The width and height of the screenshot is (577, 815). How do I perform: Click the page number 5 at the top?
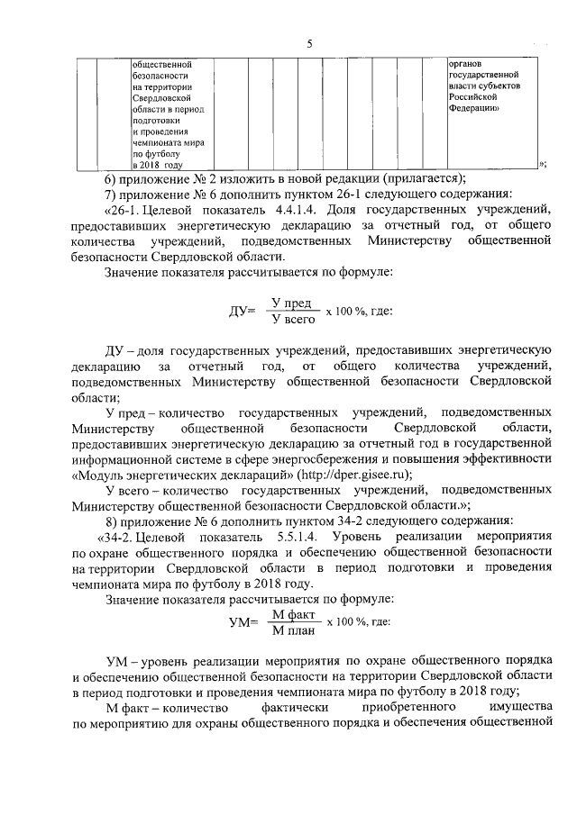308,43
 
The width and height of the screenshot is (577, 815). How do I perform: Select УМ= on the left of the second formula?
243,622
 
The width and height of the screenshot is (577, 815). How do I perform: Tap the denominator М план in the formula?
292,630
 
